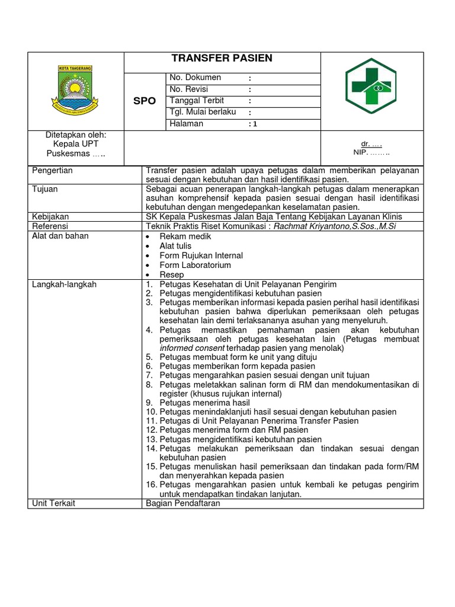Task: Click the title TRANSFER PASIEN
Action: tap(222, 58)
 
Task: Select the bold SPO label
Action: tap(145, 101)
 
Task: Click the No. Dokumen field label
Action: tap(195, 78)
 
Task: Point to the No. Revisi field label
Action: tap(191, 89)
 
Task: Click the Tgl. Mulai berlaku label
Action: tap(203, 112)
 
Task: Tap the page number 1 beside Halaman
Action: tap(255, 124)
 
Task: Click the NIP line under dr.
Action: tap(372, 152)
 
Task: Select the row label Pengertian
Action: tap(52, 171)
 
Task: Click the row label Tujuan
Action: tap(45, 189)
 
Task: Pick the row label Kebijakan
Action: tap(50, 217)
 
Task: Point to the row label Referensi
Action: tap(50, 226)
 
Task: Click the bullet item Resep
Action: tap(171, 275)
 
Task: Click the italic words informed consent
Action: tap(192, 349)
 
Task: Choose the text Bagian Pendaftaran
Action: tap(182, 503)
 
